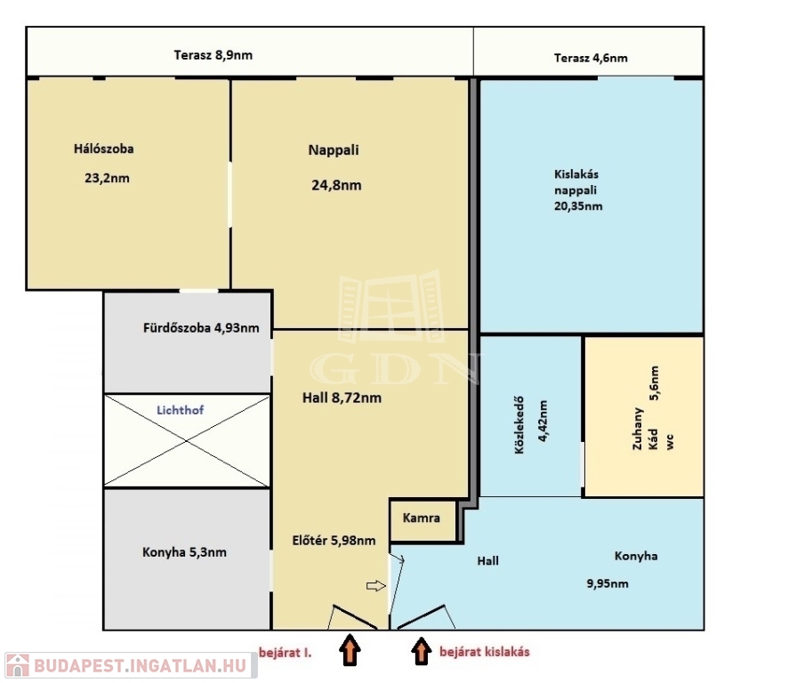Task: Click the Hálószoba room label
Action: pos(104,149)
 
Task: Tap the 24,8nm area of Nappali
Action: pos(336,186)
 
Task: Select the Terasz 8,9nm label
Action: pos(213,55)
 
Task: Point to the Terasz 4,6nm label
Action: pos(591,58)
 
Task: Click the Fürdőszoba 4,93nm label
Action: pos(201,328)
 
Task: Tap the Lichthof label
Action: pos(180,410)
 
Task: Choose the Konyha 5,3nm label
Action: pos(184,552)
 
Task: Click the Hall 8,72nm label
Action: pos(342,398)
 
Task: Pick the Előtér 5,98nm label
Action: pos(334,541)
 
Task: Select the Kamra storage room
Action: pos(422,520)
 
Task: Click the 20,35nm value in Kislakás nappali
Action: pos(578,206)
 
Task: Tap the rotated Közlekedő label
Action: pos(519,425)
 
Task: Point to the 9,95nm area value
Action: pos(608,584)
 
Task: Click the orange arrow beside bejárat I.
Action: pos(350,649)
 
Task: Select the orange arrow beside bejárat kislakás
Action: pos(421,651)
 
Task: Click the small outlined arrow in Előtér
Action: pos(376,586)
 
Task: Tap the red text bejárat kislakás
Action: pos(485,652)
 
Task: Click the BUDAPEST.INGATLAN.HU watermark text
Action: pos(141,666)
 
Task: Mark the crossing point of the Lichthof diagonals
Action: pos(187,441)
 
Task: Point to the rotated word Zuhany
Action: pos(638,429)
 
